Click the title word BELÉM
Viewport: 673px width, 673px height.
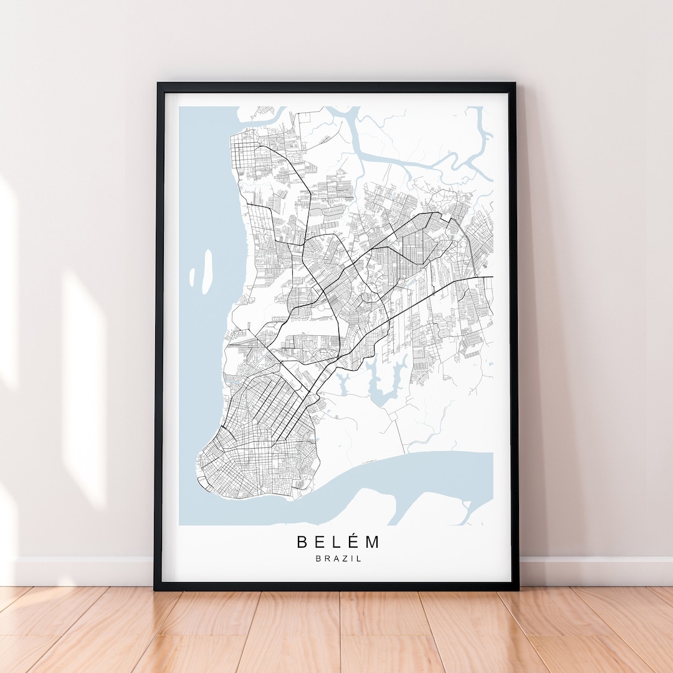point(338,542)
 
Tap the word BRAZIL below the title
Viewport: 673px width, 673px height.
point(338,559)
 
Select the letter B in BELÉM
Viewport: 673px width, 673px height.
point(302,542)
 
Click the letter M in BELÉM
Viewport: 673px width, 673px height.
point(373,542)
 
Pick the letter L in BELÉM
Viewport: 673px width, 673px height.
point(337,542)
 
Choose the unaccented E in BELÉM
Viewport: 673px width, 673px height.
point(320,542)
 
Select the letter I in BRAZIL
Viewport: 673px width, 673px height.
point(351,559)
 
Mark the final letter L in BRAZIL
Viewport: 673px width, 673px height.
point(358,559)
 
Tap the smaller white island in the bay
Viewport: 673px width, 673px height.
point(192,278)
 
